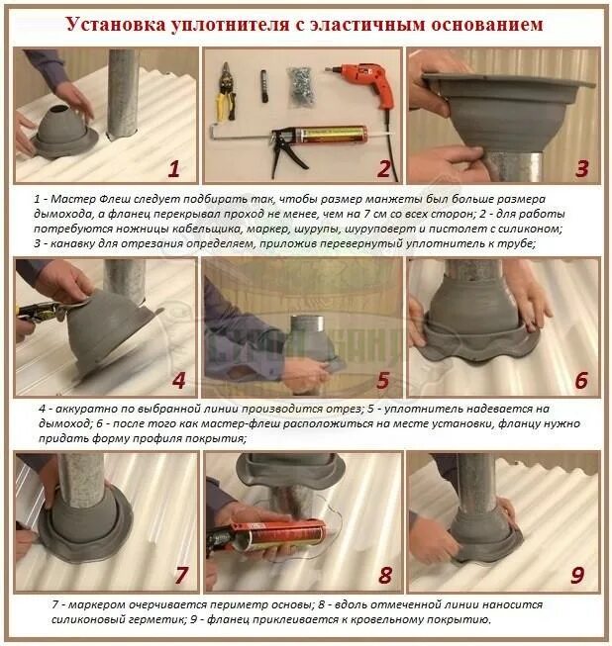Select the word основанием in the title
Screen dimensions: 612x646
pyautogui.click(x=487, y=25)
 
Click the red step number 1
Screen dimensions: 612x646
pyautogui.click(x=174, y=169)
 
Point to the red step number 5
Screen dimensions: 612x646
pyautogui.click(x=383, y=380)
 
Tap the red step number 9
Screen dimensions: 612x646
pyautogui.click(x=577, y=575)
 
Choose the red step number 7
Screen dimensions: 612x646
pyautogui.click(x=181, y=575)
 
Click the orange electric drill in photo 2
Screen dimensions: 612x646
pyautogui.click(x=359, y=82)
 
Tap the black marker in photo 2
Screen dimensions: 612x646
pyautogui.click(x=264, y=86)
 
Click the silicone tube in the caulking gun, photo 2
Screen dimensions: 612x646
pyautogui.click(x=335, y=135)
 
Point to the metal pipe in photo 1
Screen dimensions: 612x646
pyautogui.click(x=123, y=94)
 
